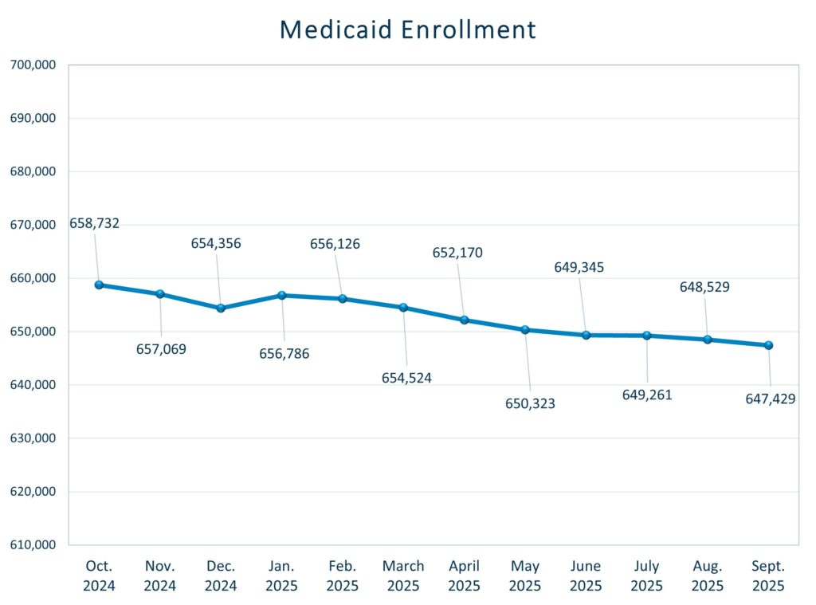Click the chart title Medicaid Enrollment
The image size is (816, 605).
[408, 29]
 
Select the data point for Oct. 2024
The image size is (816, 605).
[99, 285]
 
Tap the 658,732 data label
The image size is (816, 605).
[94, 223]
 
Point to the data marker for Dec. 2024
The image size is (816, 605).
[221, 308]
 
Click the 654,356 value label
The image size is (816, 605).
[215, 243]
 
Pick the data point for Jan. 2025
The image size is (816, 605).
[281, 295]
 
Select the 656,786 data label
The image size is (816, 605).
[284, 354]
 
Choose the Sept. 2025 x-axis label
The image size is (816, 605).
[768, 576]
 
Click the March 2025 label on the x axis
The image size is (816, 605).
[403, 576]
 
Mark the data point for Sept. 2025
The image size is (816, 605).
[768, 345]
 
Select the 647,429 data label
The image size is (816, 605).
[765, 399]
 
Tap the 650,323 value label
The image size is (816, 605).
[530, 403]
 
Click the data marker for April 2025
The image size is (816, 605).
[464, 320]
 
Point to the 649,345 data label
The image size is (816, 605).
[579, 267]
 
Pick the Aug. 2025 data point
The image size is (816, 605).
[707, 340]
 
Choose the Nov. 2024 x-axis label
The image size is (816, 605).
[160, 576]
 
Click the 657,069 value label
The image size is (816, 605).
[161, 349]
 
